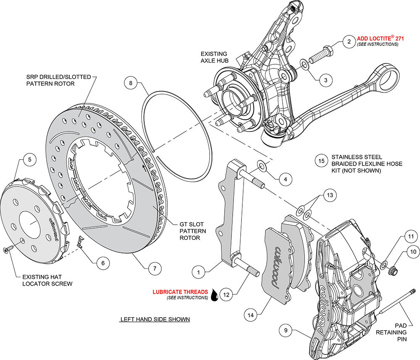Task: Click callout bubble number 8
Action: coord(131,83)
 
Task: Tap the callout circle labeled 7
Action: coord(155,268)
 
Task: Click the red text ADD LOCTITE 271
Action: coord(381,38)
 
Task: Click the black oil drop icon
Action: coord(215,295)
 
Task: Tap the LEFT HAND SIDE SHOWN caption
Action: coord(155,319)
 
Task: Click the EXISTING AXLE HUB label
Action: coord(214,58)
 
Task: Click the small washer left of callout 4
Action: coord(262,167)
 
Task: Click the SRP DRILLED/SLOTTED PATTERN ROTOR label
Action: coord(50,80)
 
